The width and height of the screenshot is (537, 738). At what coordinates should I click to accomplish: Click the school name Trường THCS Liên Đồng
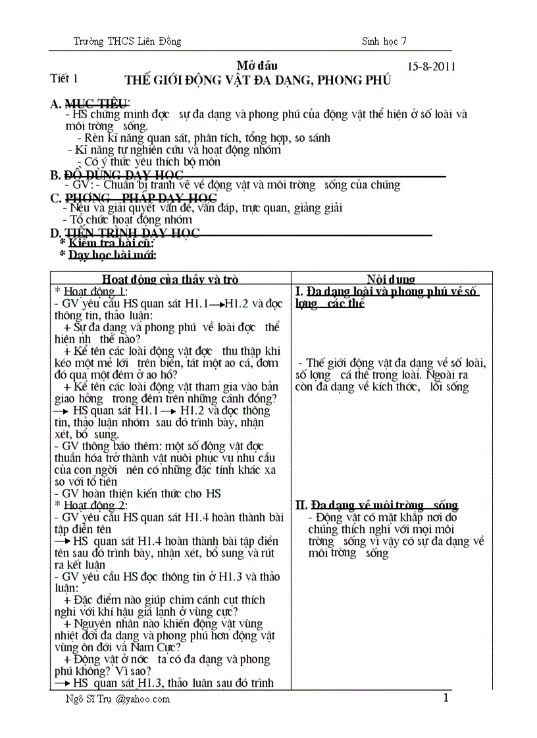tap(127, 42)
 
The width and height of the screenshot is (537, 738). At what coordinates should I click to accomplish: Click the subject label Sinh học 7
tap(384, 41)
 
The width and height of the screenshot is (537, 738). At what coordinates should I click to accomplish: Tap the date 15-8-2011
tap(432, 66)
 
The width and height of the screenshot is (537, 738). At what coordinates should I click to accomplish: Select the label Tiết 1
tap(64, 79)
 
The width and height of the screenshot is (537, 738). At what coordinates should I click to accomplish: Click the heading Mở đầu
tap(257, 66)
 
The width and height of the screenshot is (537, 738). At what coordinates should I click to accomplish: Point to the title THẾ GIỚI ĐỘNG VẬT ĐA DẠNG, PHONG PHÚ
tap(258, 80)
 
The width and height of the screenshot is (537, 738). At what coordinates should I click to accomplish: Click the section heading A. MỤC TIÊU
tap(90, 103)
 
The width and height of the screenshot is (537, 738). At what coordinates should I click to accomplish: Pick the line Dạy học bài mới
tap(108, 255)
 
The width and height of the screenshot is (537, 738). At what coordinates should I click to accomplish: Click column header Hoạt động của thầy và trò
tap(170, 279)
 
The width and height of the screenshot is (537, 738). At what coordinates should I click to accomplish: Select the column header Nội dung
tap(391, 279)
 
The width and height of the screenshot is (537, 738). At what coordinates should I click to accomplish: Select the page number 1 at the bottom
tap(446, 698)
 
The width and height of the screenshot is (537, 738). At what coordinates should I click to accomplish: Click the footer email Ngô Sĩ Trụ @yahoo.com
tap(114, 699)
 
